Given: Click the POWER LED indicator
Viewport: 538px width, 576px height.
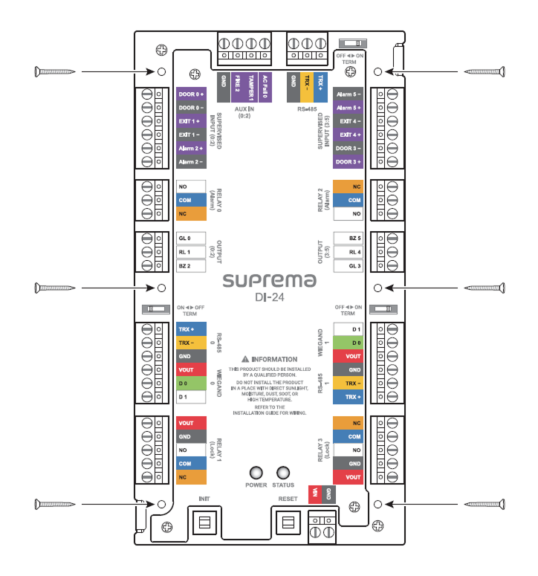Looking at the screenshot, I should coord(256,473).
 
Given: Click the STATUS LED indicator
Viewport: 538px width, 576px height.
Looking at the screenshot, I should coord(283,473).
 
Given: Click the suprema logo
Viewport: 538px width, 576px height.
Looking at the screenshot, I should coord(270,281).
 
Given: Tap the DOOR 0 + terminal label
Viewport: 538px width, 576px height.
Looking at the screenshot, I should coord(191,94).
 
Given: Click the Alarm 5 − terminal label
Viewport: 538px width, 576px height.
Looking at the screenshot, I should coord(348,94).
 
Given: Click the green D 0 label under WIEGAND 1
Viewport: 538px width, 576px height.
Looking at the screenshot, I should coord(348,343).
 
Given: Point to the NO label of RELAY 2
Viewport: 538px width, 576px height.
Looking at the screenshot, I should coord(348,214).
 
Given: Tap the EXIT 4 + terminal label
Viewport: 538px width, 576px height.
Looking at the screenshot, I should coord(348,135).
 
